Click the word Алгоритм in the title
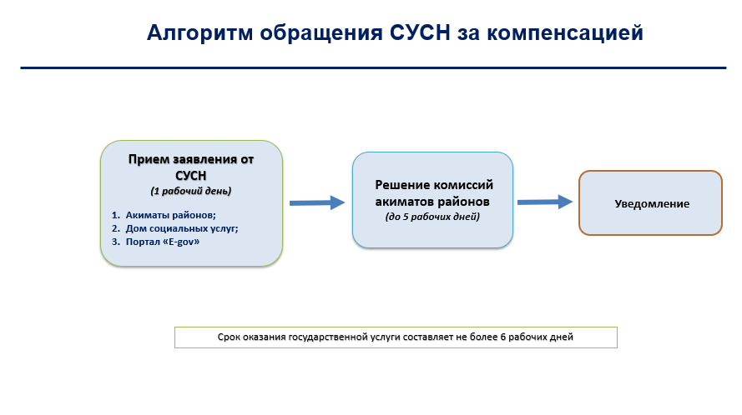(x=199, y=33)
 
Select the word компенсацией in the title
(x=565, y=33)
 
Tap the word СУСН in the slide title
(x=420, y=32)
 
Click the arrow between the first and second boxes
(x=317, y=202)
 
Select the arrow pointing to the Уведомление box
(x=545, y=202)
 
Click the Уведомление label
(x=652, y=203)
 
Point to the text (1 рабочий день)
(x=191, y=191)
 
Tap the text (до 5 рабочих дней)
(x=432, y=217)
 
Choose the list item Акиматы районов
(x=170, y=215)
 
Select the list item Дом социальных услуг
(x=182, y=228)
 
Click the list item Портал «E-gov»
(x=162, y=242)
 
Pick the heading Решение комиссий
(x=434, y=185)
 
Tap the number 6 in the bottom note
(x=503, y=337)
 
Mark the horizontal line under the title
(x=373, y=68)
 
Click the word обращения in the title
(x=321, y=33)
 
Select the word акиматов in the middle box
(x=404, y=202)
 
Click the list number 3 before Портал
(x=115, y=242)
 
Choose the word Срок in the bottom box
(x=228, y=337)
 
